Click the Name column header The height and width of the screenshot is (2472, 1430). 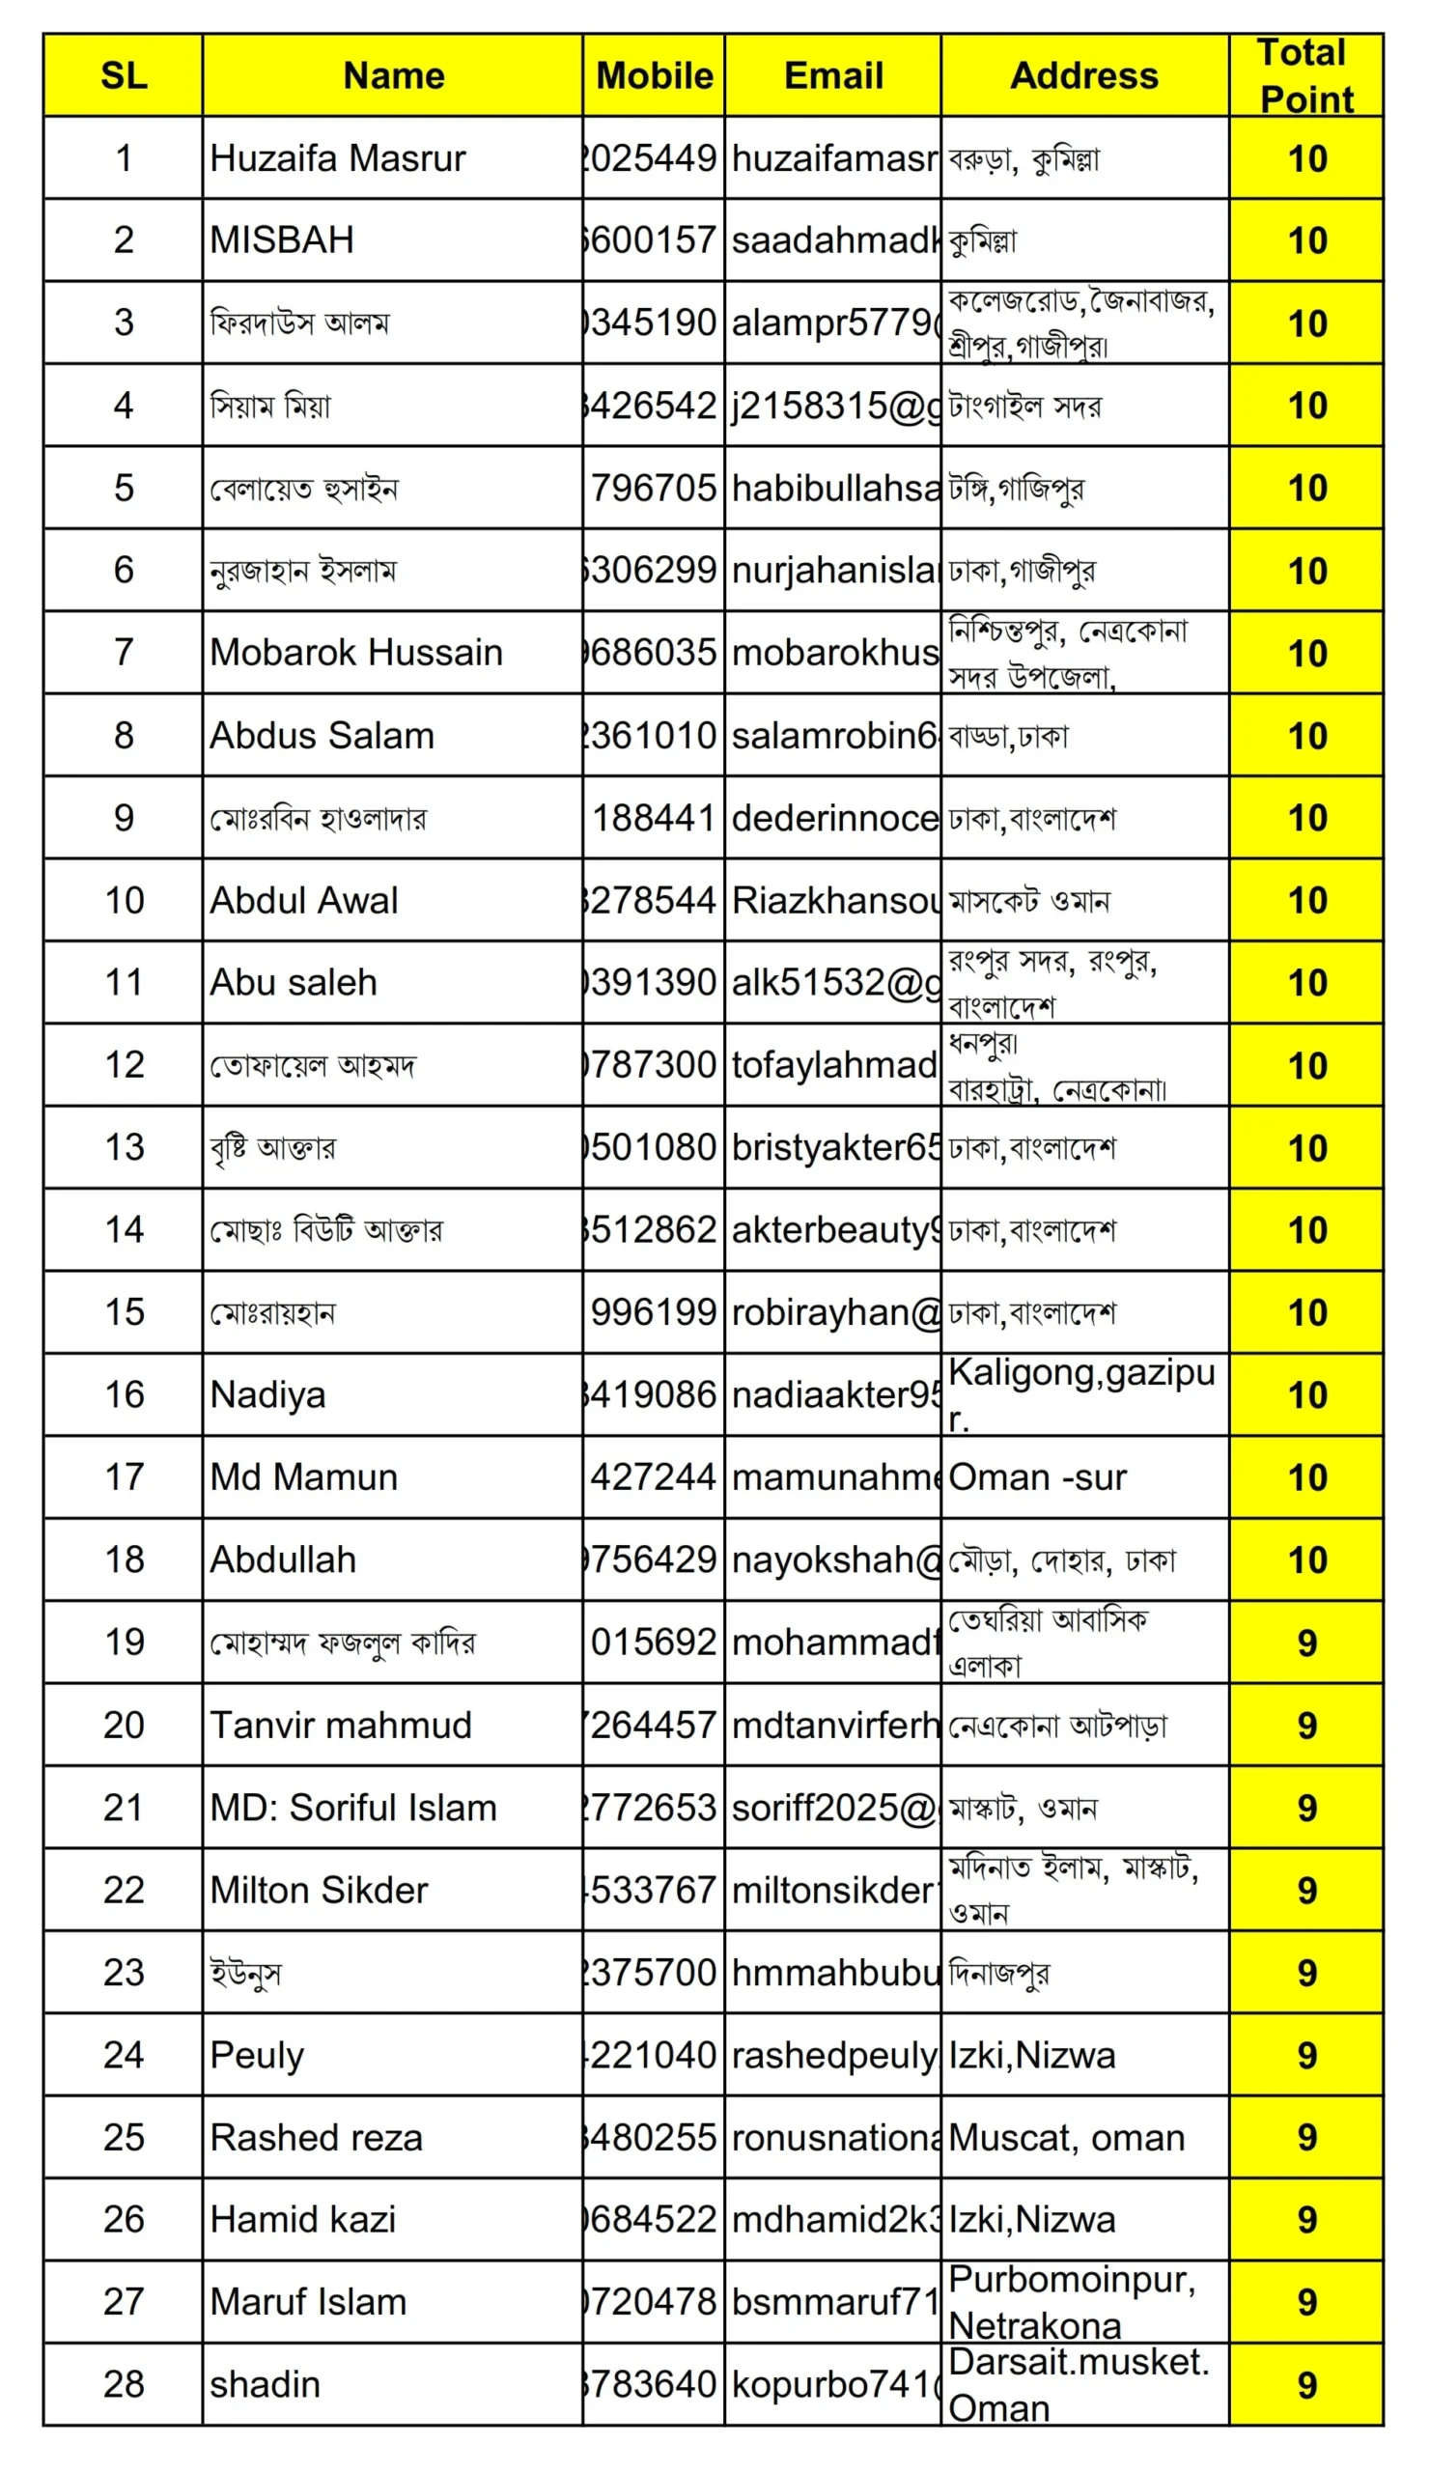[x=392, y=75]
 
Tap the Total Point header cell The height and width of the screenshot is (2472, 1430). [x=1305, y=75]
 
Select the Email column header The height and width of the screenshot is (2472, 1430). [x=832, y=75]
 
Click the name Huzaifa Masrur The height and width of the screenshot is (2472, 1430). [x=337, y=158]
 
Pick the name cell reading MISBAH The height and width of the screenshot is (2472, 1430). [x=282, y=240]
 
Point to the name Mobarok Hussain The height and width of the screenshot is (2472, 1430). [x=356, y=653]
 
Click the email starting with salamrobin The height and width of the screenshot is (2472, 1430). [x=832, y=736]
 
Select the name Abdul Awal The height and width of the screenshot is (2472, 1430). [x=304, y=901]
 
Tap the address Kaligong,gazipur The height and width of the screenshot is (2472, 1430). [x=1081, y=1395]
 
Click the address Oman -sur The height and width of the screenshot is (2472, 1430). [x=1038, y=1477]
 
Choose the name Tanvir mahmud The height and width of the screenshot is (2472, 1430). [x=340, y=1725]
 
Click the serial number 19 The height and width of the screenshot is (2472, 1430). [x=124, y=1643]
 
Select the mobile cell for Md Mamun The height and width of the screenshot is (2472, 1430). [x=654, y=1477]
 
